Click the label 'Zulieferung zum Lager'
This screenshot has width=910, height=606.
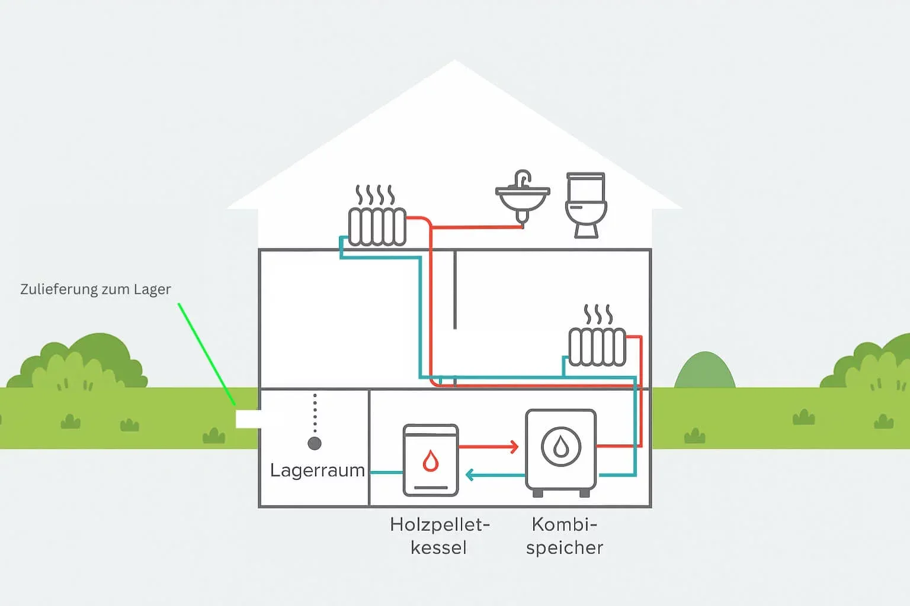coord(95,289)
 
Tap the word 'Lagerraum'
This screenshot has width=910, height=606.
coord(317,470)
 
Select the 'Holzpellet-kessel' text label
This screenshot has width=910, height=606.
coord(440,536)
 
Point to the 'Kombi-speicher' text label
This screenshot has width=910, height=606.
coord(564,536)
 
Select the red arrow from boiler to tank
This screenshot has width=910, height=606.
coord(489,447)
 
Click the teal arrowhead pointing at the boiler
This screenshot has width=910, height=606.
coord(469,475)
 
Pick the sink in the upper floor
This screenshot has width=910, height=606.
coord(522,198)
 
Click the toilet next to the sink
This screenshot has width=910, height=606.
coord(586,205)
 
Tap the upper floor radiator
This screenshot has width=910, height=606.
coord(377,226)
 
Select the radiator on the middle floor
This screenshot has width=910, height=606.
coord(597,346)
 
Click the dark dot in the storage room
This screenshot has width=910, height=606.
coord(315,443)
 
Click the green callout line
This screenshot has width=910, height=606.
coord(207,355)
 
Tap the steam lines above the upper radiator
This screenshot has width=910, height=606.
coord(374,195)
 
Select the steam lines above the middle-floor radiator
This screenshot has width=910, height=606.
coord(598,314)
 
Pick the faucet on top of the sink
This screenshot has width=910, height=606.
coord(523,178)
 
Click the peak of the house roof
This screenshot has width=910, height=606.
coord(455,63)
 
